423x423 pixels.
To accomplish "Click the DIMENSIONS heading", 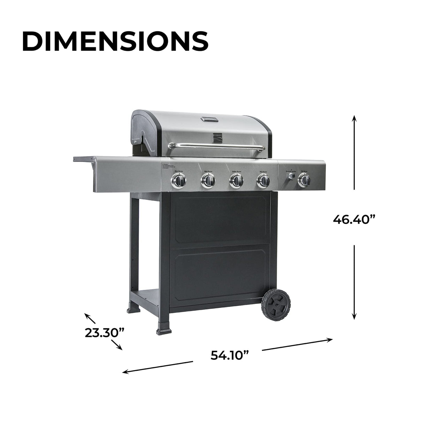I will pyautogui.click(x=115, y=41).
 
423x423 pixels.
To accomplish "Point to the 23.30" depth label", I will pyautogui.click(x=105, y=332).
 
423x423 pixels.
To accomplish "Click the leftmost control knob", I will pyautogui.click(x=178, y=180).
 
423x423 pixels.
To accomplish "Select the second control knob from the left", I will pyautogui.click(x=208, y=180).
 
